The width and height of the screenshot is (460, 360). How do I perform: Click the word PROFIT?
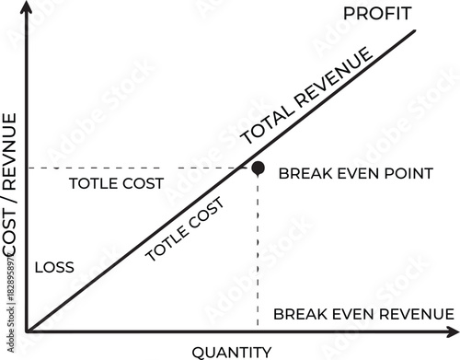[377, 14]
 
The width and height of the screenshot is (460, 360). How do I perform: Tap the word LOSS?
[54, 267]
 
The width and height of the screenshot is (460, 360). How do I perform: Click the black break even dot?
[259, 168]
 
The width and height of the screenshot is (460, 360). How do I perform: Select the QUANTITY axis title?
[232, 352]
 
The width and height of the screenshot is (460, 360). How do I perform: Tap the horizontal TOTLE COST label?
[117, 183]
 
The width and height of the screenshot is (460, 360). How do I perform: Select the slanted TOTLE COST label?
[185, 228]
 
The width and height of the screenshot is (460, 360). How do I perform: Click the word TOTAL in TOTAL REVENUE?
[268, 124]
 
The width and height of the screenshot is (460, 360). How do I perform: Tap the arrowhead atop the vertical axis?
[26, 6]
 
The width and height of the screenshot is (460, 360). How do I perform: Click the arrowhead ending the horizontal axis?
[454, 331]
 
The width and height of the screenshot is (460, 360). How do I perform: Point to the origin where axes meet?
[27, 331]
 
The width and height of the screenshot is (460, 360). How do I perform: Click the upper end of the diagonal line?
[414, 30]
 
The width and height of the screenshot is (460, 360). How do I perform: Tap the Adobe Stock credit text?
[11, 302]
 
